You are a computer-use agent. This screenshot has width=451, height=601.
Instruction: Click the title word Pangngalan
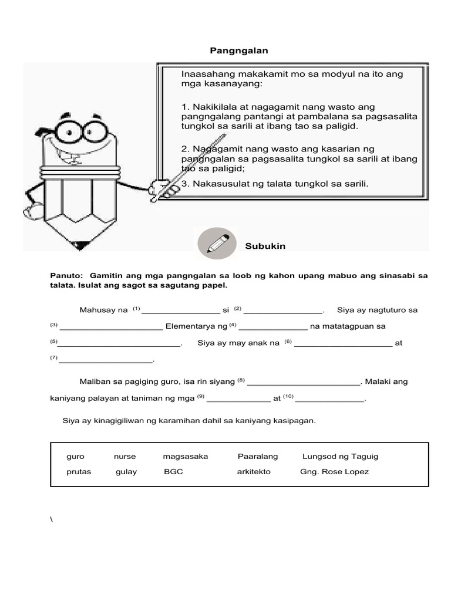pos(239,51)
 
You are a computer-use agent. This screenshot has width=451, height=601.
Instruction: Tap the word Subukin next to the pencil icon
pos(265,246)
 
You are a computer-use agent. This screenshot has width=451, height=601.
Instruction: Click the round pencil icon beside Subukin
pos(217,244)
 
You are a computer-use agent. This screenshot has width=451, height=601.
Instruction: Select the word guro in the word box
pos(76,456)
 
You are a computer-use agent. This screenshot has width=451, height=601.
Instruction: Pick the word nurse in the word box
pos(124,456)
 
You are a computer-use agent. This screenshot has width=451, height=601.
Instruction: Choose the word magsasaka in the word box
pos(186,456)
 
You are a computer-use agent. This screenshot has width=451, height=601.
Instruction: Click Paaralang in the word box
pos(258,456)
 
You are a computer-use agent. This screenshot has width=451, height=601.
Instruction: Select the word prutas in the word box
pos(79,472)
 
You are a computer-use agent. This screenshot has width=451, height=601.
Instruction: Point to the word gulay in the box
pos(126,472)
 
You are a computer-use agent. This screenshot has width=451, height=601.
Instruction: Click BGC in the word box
pos(173,472)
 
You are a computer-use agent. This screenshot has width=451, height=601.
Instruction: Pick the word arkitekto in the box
pos(254,472)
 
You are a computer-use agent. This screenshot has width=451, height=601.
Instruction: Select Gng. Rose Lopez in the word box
pos(334,472)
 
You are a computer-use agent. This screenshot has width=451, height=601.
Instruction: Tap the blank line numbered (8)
pos(303,383)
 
